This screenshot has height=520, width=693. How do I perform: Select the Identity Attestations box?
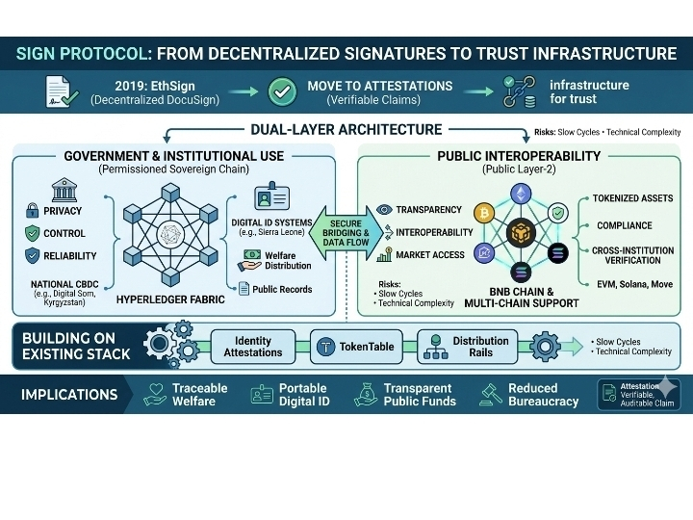[253, 347]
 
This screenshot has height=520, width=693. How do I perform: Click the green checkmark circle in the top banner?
[281, 92]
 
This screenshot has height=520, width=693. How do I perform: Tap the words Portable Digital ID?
[302, 394]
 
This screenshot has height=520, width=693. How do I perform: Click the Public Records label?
[281, 289]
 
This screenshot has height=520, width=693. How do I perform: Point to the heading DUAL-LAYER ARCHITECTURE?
[346, 129]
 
